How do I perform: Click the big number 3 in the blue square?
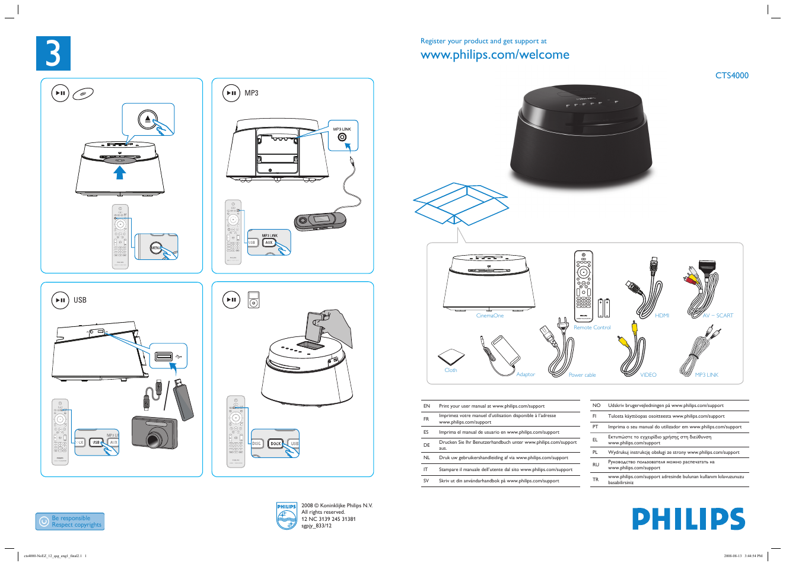pyautogui.click(x=53, y=53)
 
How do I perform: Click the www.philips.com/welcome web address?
pyautogui.click(x=494, y=55)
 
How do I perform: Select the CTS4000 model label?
pyautogui.click(x=731, y=75)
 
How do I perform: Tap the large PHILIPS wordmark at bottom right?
pyautogui.click(x=688, y=519)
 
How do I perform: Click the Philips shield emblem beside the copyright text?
pyautogui.click(x=287, y=516)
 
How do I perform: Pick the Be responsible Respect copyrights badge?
pyautogui.click(x=70, y=522)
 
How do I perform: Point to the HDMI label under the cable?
pyautogui.click(x=661, y=316)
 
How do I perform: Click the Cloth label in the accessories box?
pyautogui.click(x=450, y=370)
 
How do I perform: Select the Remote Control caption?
pyautogui.click(x=591, y=327)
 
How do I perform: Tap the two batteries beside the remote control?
pyautogui.click(x=603, y=308)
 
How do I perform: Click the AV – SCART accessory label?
pyautogui.click(x=717, y=316)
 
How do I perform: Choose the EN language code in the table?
pyautogui.click(x=427, y=406)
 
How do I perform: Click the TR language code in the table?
pyautogui.click(x=595, y=479)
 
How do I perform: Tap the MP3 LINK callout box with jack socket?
pyautogui.click(x=342, y=136)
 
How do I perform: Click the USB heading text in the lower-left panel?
pyautogui.click(x=80, y=300)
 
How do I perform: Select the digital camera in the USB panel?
pyautogui.click(x=154, y=433)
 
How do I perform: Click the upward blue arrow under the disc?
pyautogui.click(x=120, y=172)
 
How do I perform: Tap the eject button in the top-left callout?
pyautogui.click(x=148, y=120)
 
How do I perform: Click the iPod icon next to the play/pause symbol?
pyautogui.click(x=254, y=300)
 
